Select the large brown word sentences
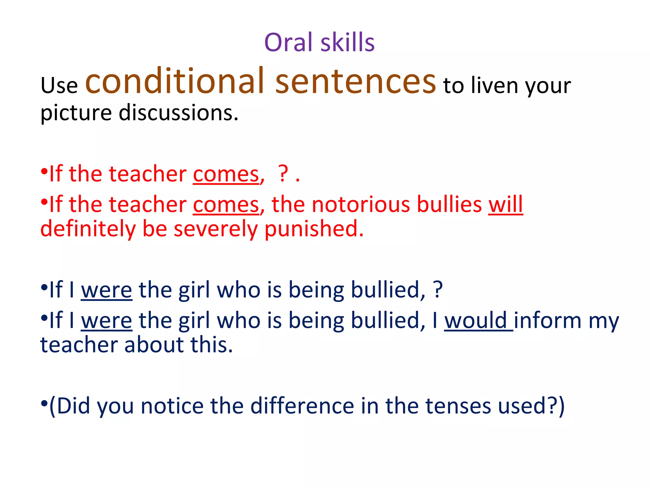coord(355,82)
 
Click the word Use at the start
coord(59,86)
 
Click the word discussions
coord(178,113)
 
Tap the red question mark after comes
coord(283,173)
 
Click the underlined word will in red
coord(505,204)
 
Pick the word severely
coord(216,229)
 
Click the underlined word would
coord(475,320)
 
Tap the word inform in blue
coord(547,320)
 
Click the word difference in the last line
coord(302,406)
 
